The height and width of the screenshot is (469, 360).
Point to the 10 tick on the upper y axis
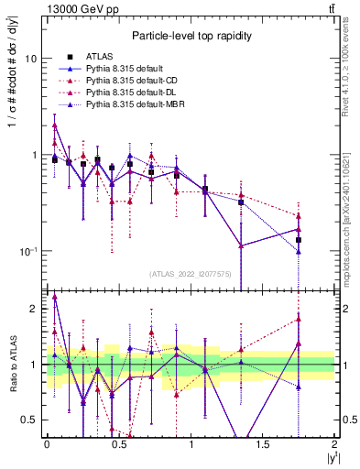pyautogui.click(x=30, y=58)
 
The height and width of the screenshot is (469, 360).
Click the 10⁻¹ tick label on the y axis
pyautogui.click(x=27, y=251)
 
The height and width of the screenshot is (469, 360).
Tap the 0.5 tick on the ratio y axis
pyautogui.click(x=28, y=420)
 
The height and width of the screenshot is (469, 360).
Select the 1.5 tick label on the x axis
pyautogui.click(x=262, y=443)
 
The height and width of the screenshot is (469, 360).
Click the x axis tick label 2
pyautogui.click(x=334, y=443)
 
